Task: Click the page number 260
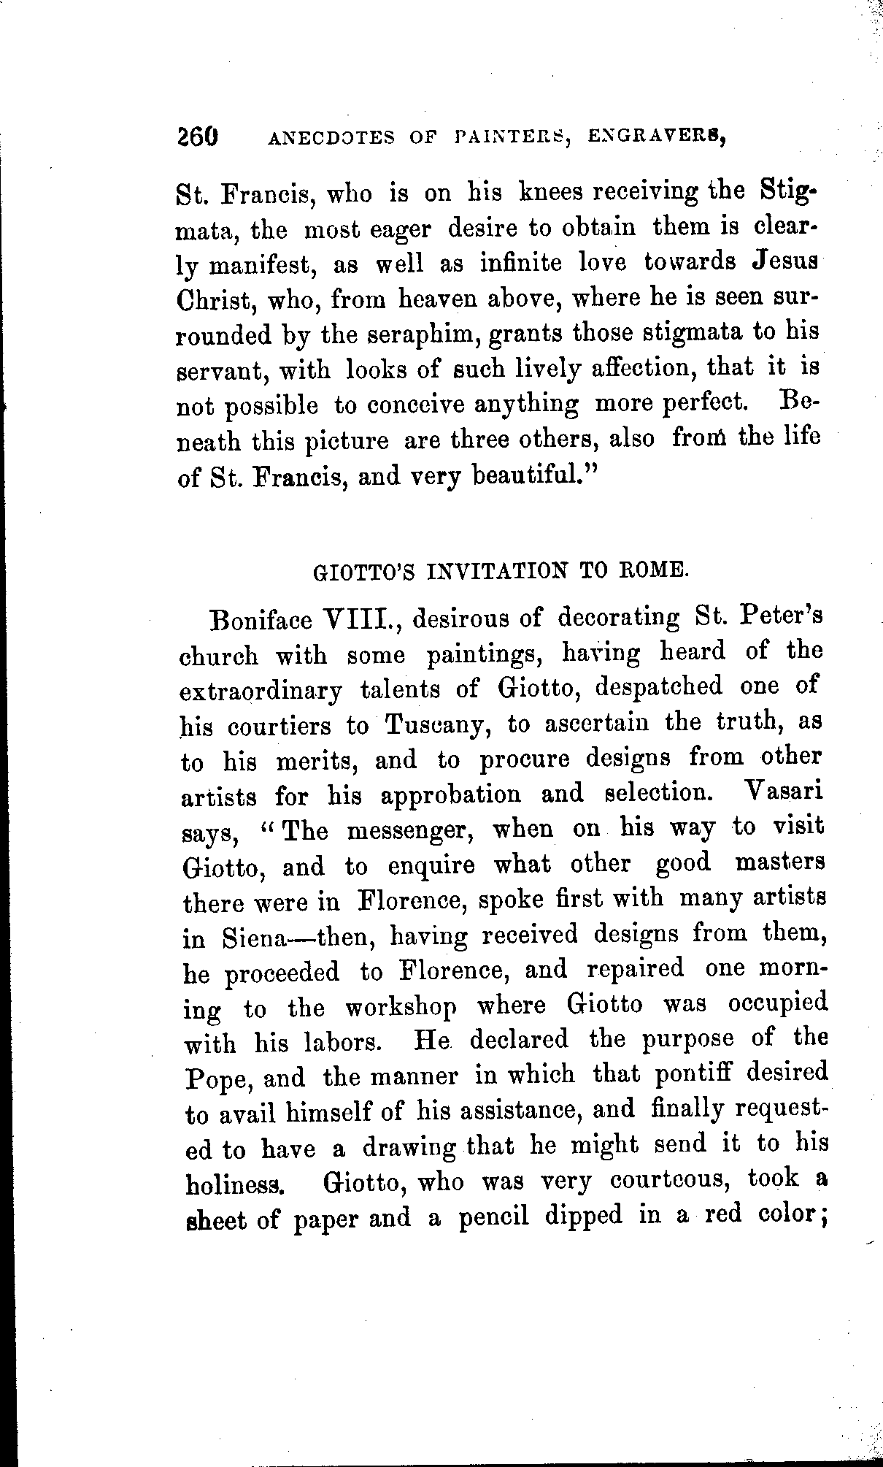(x=197, y=137)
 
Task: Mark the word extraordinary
(x=261, y=691)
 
